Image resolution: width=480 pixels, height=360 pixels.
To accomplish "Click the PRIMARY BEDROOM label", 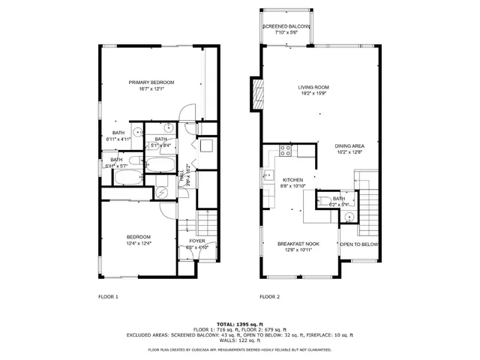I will coord(151,82).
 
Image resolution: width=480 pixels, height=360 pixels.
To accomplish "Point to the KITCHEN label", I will coord(292,180).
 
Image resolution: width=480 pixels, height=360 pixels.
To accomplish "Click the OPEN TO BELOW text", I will coord(359,244).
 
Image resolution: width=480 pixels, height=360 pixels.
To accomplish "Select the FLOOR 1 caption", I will coord(108,297).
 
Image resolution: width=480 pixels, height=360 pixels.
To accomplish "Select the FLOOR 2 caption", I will coord(269,297).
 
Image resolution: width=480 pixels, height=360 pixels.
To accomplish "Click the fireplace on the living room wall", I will coord(259,94).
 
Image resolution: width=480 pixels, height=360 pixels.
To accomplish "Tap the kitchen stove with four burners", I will coord(285,149).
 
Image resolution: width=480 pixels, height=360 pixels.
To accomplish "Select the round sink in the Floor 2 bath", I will coord(349,217).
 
